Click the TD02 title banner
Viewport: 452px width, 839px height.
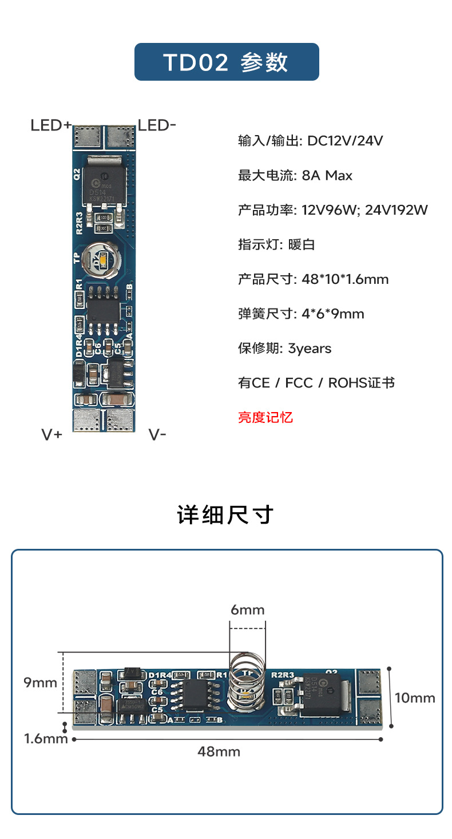[226, 62]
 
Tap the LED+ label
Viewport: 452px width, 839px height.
[51, 125]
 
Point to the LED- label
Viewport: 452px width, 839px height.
[157, 125]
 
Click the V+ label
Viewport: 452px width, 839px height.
[51, 434]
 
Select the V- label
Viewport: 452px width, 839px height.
[157, 434]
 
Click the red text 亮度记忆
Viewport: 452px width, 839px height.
[265, 417]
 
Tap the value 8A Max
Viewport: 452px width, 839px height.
[327, 175]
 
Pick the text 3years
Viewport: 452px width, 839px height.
[310, 348]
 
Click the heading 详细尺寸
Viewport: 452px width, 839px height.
[226, 515]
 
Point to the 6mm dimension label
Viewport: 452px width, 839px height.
[248, 610]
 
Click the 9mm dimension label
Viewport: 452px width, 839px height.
[40, 682]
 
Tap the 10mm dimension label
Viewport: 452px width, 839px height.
[415, 698]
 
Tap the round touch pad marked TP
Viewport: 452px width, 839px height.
[102, 261]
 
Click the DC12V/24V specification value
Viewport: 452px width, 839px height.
[344, 141]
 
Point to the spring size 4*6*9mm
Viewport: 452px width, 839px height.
[332, 314]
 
